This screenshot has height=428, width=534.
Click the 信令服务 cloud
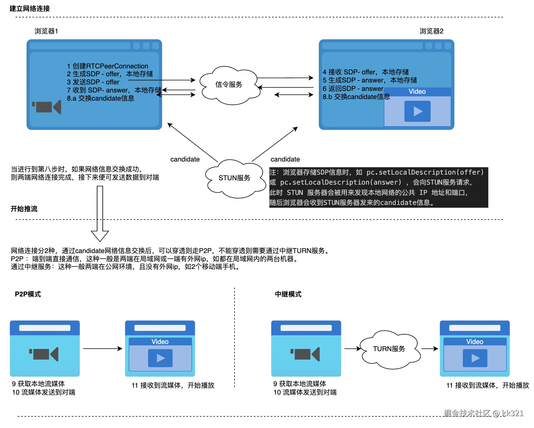229,85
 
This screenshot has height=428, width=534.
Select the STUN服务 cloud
234,178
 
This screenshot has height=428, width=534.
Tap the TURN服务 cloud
389,349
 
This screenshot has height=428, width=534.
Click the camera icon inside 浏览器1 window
47,107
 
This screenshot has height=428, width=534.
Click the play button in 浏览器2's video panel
417,111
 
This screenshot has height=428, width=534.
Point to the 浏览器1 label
46,31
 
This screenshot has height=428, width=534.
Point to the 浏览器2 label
431,31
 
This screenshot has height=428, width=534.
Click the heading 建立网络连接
30,9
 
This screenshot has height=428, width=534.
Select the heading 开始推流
24,209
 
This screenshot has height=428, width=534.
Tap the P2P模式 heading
28,294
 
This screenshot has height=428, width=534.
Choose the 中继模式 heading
288,294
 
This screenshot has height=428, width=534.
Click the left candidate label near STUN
185,159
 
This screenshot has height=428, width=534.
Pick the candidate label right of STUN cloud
285,159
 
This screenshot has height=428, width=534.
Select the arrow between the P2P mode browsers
102,349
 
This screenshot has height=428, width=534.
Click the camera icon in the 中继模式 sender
305,354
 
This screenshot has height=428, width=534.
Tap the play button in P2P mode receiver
160,358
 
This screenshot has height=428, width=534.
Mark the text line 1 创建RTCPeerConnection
107,66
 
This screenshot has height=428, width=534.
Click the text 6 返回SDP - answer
353,89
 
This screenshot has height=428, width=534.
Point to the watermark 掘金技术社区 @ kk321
483,413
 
